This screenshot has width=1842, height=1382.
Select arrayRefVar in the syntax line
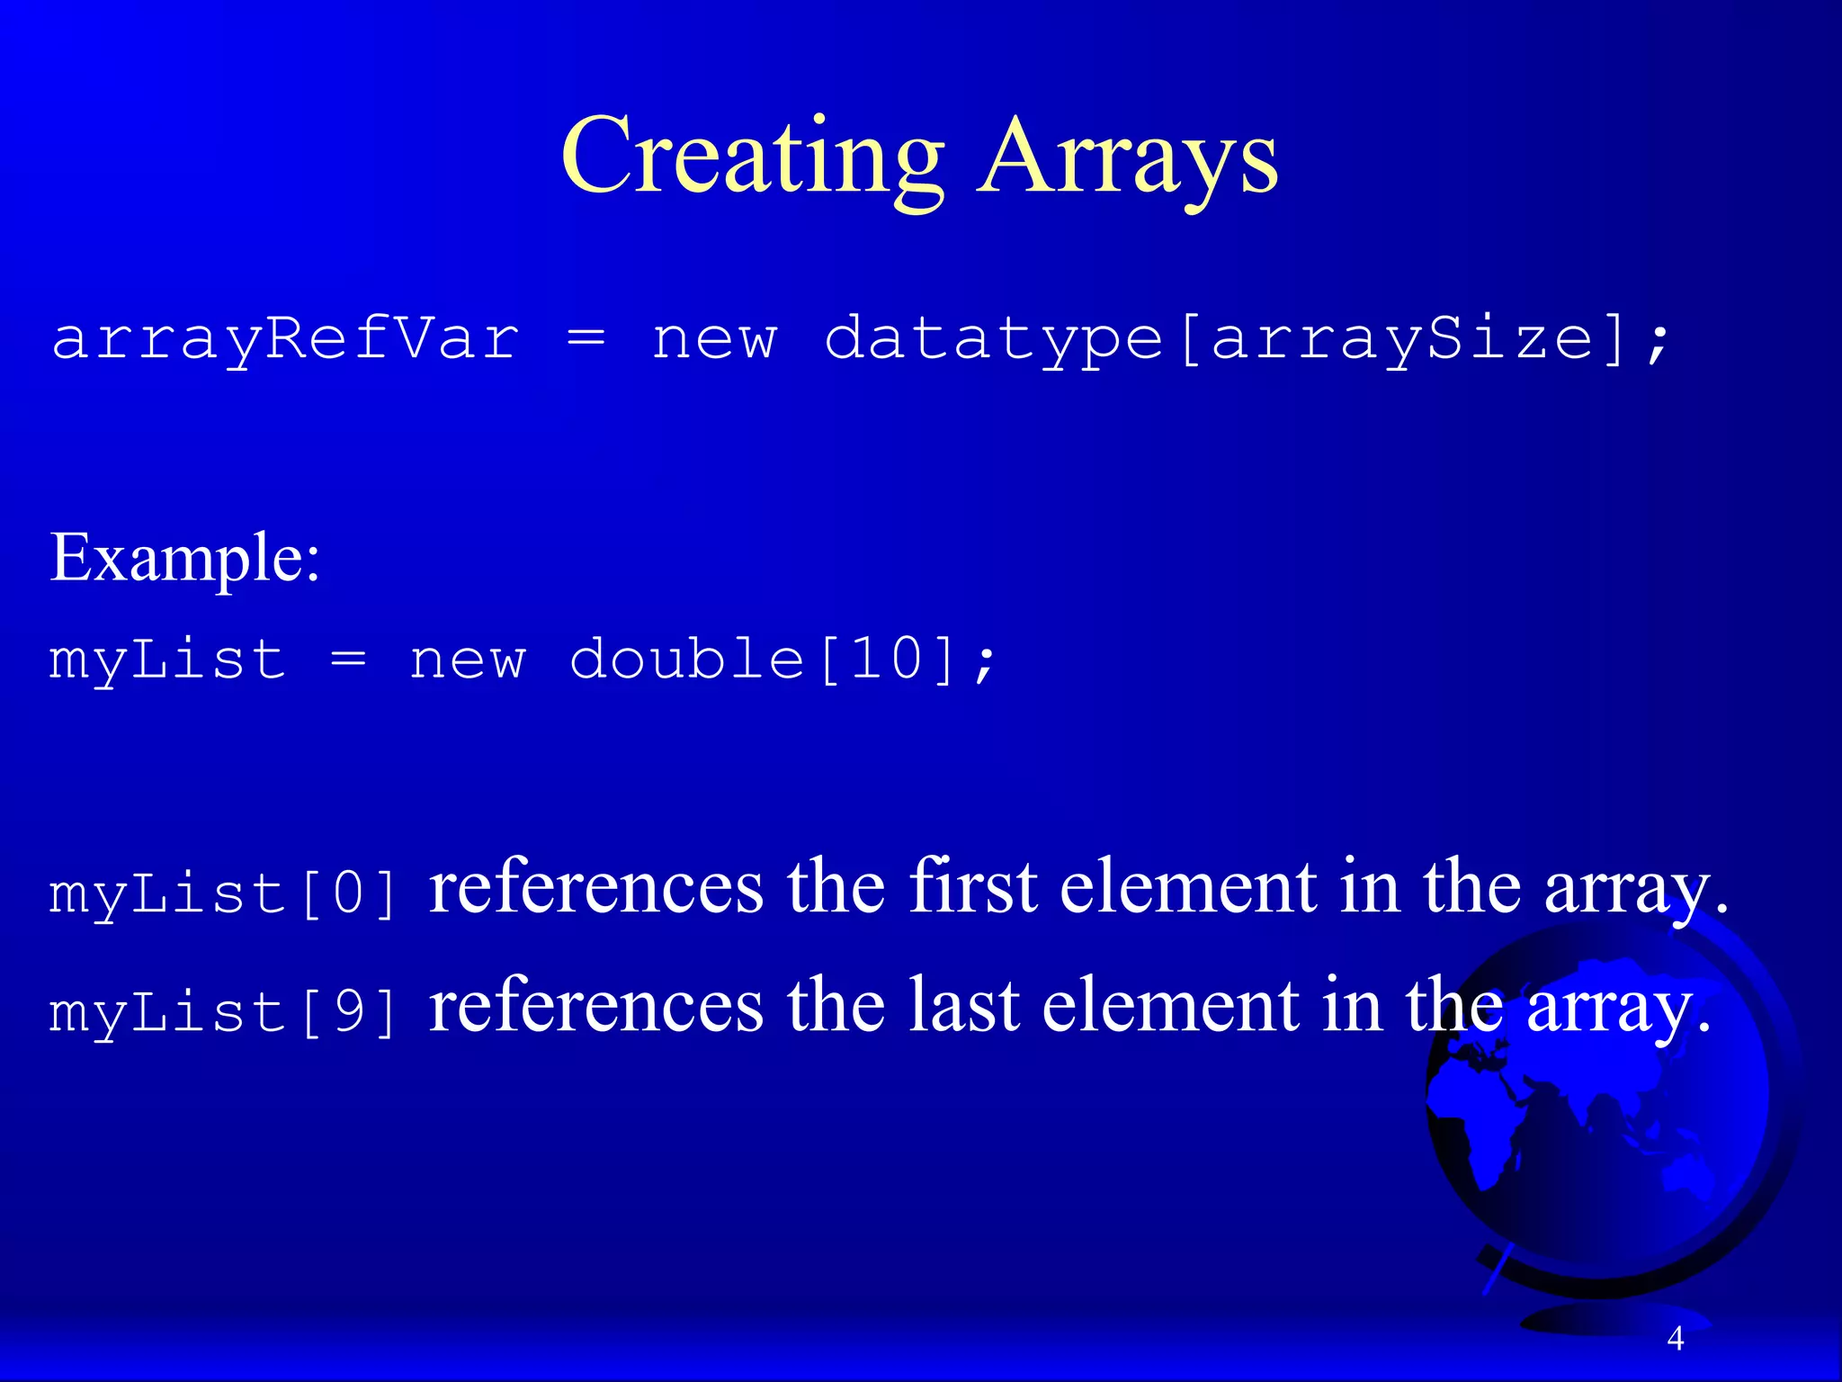click(285, 340)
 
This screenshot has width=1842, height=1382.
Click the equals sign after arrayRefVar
click(586, 340)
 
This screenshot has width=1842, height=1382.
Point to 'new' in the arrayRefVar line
click(714, 340)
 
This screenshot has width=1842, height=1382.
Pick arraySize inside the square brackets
click(1403, 340)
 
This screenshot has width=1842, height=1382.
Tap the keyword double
click(686, 660)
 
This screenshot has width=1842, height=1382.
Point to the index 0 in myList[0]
click(349, 894)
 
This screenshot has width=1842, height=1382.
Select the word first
click(973, 888)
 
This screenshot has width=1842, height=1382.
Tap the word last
click(963, 1006)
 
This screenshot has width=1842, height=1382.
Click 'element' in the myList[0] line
click(1187, 888)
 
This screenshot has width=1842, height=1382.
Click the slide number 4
click(1675, 1339)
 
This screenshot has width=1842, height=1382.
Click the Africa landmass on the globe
click(1484, 1116)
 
